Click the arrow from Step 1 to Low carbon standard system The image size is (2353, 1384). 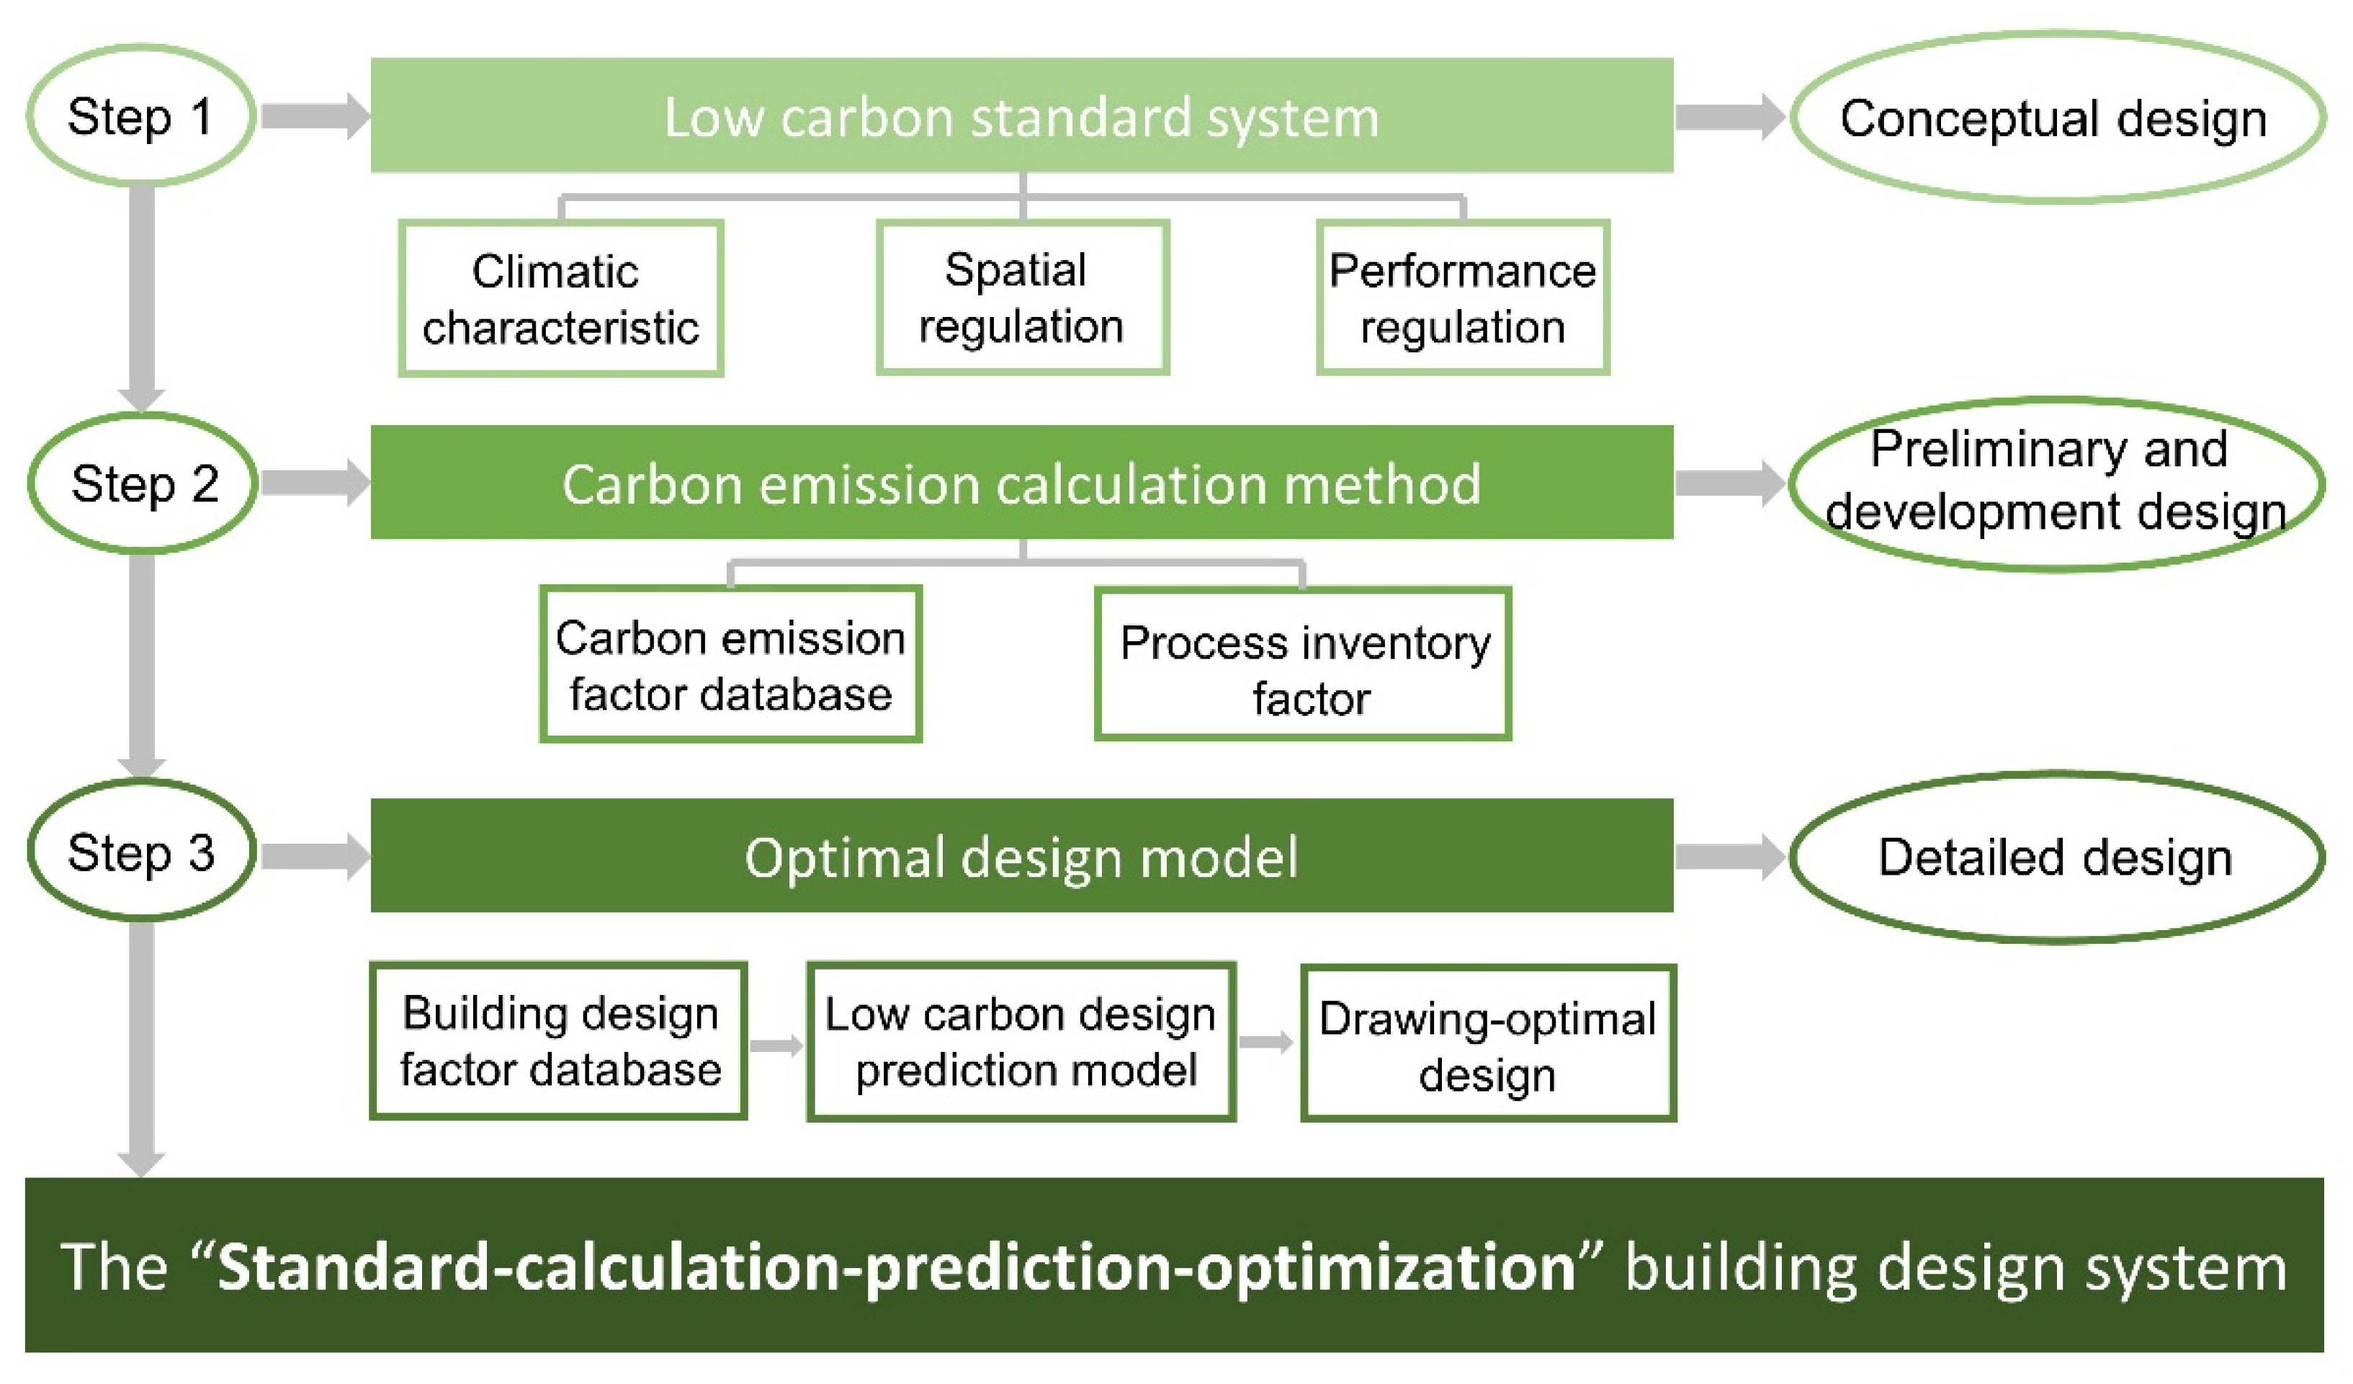click(x=315, y=117)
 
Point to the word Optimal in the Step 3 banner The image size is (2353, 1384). click(x=846, y=858)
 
